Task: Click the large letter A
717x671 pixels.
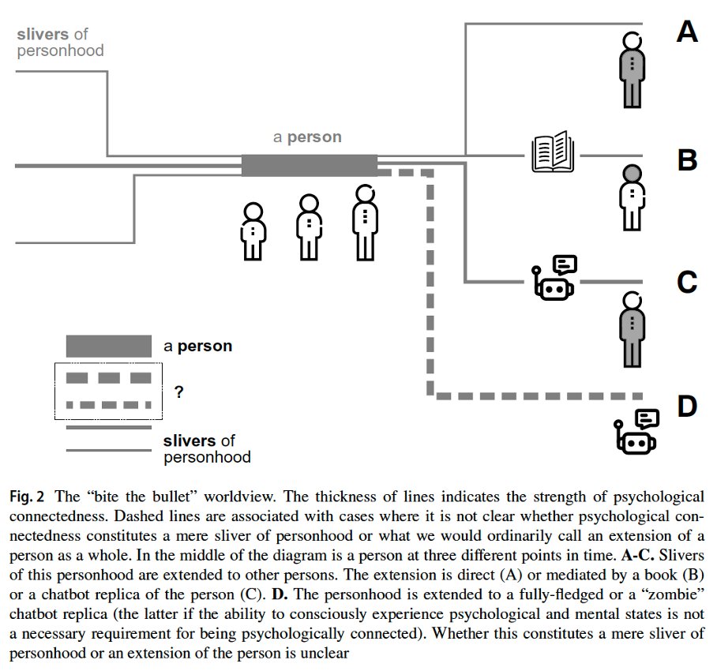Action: [x=687, y=32]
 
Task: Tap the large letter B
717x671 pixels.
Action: [x=687, y=160]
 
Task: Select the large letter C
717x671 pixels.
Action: [x=687, y=282]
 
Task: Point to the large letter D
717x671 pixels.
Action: [x=687, y=406]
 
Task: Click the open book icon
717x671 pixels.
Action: [x=553, y=152]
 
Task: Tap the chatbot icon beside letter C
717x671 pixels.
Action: [x=554, y=277]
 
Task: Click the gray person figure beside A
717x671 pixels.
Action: [x=632, y=70]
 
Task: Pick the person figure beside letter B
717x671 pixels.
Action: [x=632, y=197]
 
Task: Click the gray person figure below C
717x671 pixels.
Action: [x=632, y=329]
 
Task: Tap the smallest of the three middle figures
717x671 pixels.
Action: [x=253, y=232]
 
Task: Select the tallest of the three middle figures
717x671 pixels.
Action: [x=365, y=223]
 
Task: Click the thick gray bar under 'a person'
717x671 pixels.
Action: [x=310, y=166]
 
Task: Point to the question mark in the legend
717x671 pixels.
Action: [x=178, y=392]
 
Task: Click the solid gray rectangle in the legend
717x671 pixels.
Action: [x=109, y=346]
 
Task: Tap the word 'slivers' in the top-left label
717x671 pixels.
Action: [x=43, y=34]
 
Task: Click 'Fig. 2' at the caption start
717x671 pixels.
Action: [x=27, y=497]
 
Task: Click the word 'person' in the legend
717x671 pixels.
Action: [x=205, y=346]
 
